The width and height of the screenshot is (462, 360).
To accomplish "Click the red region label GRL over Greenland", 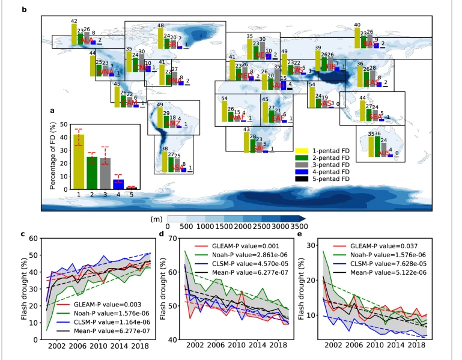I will tap(173, 44).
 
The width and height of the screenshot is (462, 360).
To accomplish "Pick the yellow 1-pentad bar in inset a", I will tap(79, 162).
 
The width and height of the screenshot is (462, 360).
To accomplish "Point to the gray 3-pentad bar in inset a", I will tap(105, 174).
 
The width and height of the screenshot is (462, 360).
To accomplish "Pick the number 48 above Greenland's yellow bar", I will tap(160, 26).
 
